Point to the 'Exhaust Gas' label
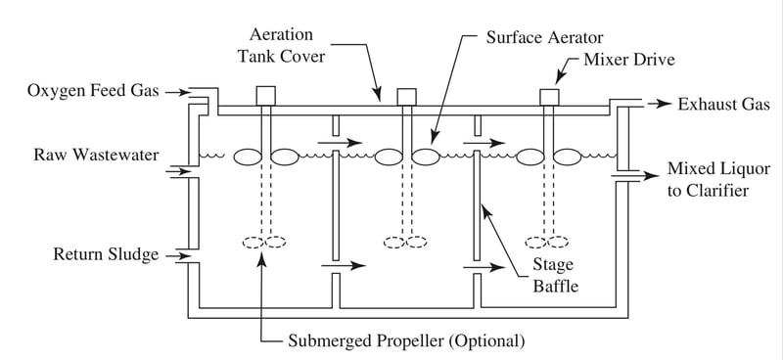pyautogui.click(x=723, y=104)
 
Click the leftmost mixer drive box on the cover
pyautogui.click(x=265, y=96)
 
